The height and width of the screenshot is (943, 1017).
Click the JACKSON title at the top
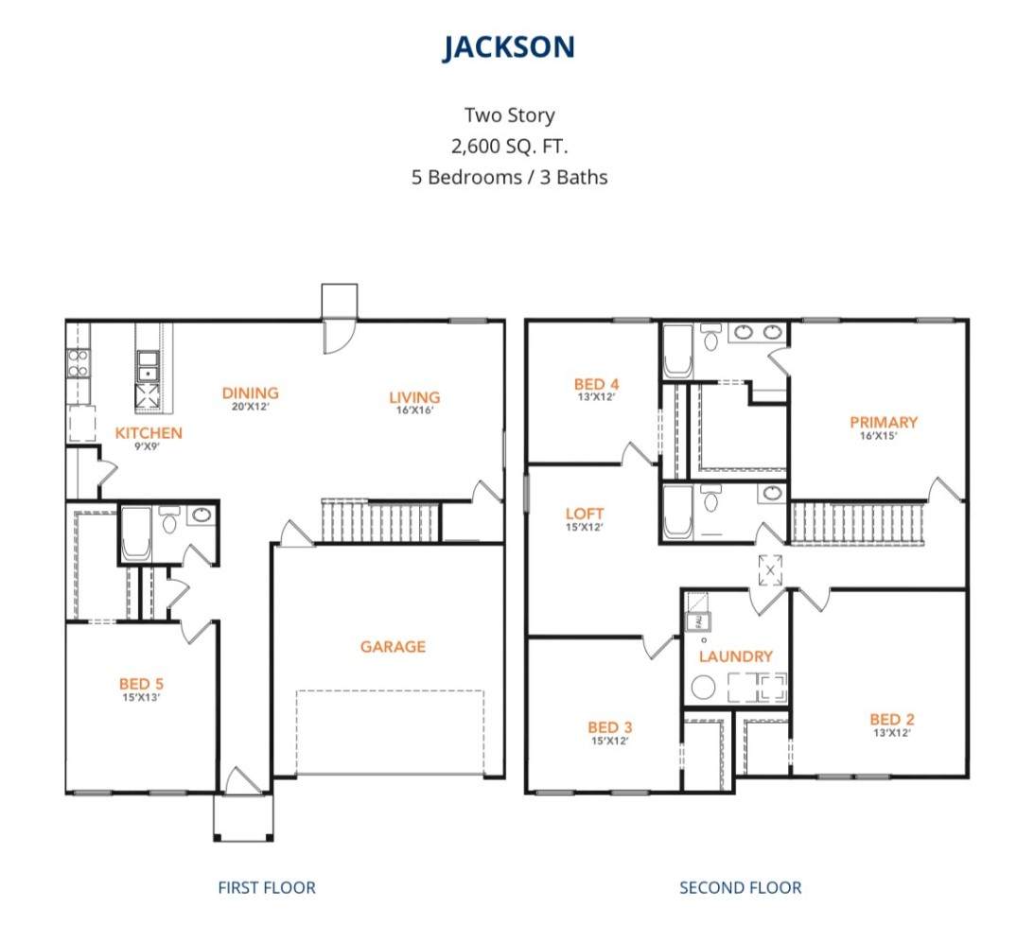pos(509,47)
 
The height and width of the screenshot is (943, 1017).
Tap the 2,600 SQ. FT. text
pos(509,146)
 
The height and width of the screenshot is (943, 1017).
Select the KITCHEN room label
pos(149,432)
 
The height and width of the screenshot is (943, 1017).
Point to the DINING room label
pos(251,393)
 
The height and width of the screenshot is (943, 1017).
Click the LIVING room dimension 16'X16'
pos(414,410)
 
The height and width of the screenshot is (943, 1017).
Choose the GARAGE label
pos(393,646)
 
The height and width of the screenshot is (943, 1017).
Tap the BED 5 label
pos(141,684)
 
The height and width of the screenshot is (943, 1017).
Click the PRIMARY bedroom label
pos(884,422)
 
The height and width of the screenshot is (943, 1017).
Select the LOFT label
pos(585,514)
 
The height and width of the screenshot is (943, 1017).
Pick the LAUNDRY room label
pos(735,656)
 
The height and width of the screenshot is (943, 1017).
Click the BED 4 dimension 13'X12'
pos(596,397)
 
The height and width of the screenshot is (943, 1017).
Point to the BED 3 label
pos(609,727)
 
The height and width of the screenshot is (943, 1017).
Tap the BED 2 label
pos(892,719)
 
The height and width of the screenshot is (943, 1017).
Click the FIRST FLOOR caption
pos(267,887)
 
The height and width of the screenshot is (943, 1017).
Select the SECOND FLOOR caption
pos(740,887)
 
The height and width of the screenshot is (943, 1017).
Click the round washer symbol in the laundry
pos(703,687)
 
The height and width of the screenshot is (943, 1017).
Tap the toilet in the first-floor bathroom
pos(169,520)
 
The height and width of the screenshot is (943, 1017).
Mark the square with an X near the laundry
pos(770,570)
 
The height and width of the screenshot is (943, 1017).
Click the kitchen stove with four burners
pos(79,363)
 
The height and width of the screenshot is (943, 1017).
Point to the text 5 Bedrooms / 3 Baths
pos(509,177)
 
